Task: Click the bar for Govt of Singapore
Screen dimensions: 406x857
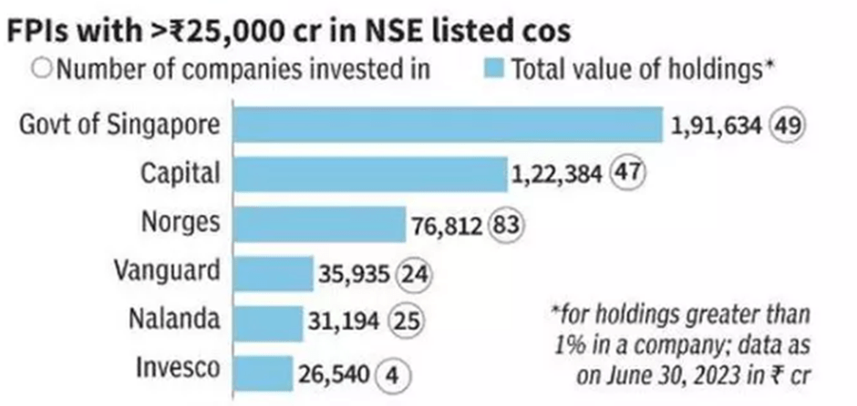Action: point(448,125)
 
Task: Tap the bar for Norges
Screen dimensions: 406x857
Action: point(319,223)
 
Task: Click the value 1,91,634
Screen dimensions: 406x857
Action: point(716,126)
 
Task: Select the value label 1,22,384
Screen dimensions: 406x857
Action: point(561,175)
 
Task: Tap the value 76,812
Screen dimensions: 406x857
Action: point(451,224)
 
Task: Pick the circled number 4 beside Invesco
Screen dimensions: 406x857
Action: point(394,372)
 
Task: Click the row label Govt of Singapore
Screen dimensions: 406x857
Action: point(119,125)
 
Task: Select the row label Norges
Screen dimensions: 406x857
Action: point(181,223)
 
